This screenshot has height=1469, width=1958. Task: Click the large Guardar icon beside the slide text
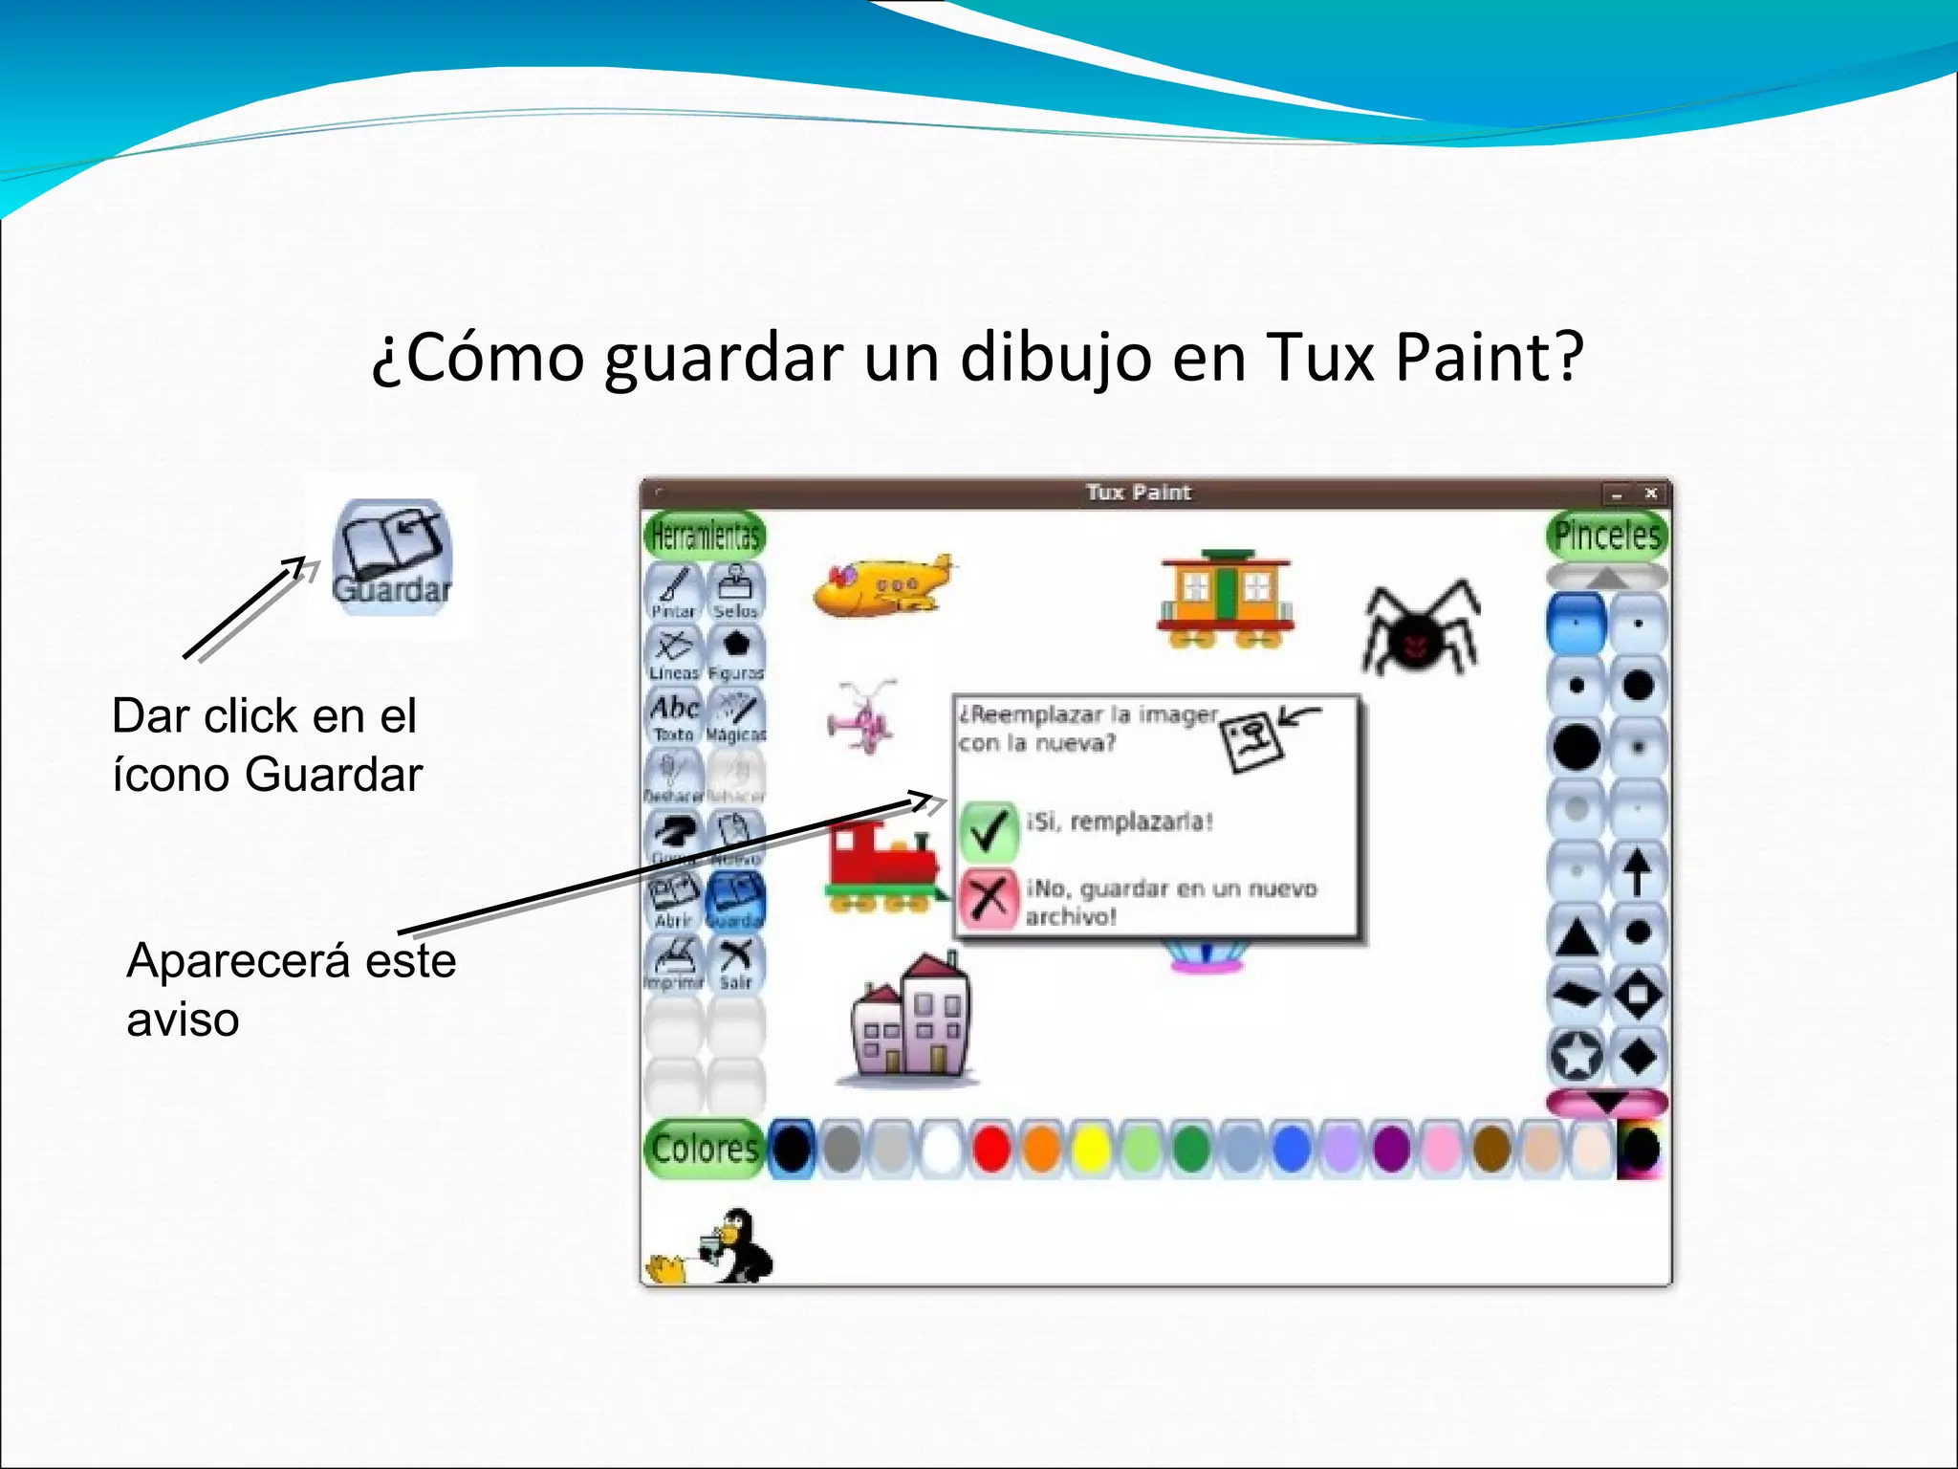point(391,557)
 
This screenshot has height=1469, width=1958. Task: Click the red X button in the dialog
point(988,899)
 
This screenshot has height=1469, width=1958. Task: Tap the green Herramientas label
point(705,536)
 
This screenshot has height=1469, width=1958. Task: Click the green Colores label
point(705,1148)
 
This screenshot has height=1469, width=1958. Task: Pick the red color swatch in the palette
point(990,1149)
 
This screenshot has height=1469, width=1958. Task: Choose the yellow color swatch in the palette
point(1090,1149)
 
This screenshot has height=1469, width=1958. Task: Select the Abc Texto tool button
point(674,716)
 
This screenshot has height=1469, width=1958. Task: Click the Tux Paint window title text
point(1138,493)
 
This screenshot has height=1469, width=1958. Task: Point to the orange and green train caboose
point(1225,599)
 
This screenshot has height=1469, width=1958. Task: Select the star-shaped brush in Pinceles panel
point(1576,1056)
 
